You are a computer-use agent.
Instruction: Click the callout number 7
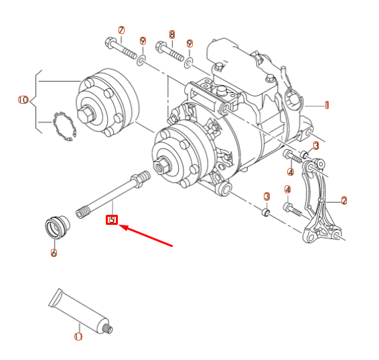[121, 30]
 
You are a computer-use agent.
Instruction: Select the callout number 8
[172, 34]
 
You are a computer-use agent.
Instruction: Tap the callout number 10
[23, 100]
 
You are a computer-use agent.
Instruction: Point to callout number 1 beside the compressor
[327, 105]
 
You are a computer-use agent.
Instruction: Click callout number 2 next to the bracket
[344, 200]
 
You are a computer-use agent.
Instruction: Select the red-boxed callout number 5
[112, 219]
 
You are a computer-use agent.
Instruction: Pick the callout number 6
[54, 253]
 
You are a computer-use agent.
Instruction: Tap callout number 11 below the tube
[78, 337]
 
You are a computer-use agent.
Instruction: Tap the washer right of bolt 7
[141, 62]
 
